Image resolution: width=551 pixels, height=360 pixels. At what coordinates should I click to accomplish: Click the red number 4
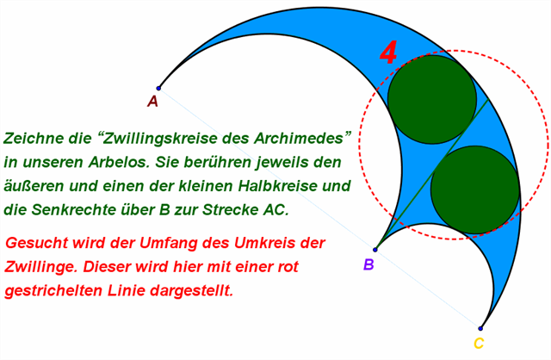(x=389, y=54)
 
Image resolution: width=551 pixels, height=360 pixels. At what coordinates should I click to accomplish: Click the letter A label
(x=152, y=102)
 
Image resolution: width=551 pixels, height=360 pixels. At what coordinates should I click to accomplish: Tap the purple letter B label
(x=368, y=264)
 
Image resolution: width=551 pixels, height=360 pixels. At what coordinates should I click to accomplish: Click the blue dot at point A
(x=158, y=88)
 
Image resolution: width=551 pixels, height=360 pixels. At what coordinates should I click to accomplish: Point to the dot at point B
(x=375, y=249)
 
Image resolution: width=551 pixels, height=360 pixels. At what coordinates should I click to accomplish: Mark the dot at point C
(x=480, y=328)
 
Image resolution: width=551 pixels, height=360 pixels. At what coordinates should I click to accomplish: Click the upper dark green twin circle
(x=432, y=100)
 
